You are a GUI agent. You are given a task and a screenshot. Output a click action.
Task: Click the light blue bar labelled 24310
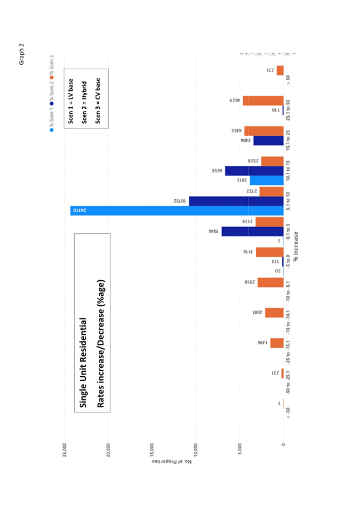tap(176, 210)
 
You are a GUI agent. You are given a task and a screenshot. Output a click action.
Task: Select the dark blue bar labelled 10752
tap(236, 201)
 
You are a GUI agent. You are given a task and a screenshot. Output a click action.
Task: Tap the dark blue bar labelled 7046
tap(252, 231)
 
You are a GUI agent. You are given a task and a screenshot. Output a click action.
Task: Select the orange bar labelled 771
tap(280, 70)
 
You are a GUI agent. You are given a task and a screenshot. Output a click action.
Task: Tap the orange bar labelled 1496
tap(277, 343)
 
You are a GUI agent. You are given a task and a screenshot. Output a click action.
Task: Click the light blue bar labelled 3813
tap(266, 180)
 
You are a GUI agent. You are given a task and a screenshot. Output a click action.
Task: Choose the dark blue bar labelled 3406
tap(268, 141)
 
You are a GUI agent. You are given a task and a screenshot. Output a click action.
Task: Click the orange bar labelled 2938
tap(270, 282)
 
